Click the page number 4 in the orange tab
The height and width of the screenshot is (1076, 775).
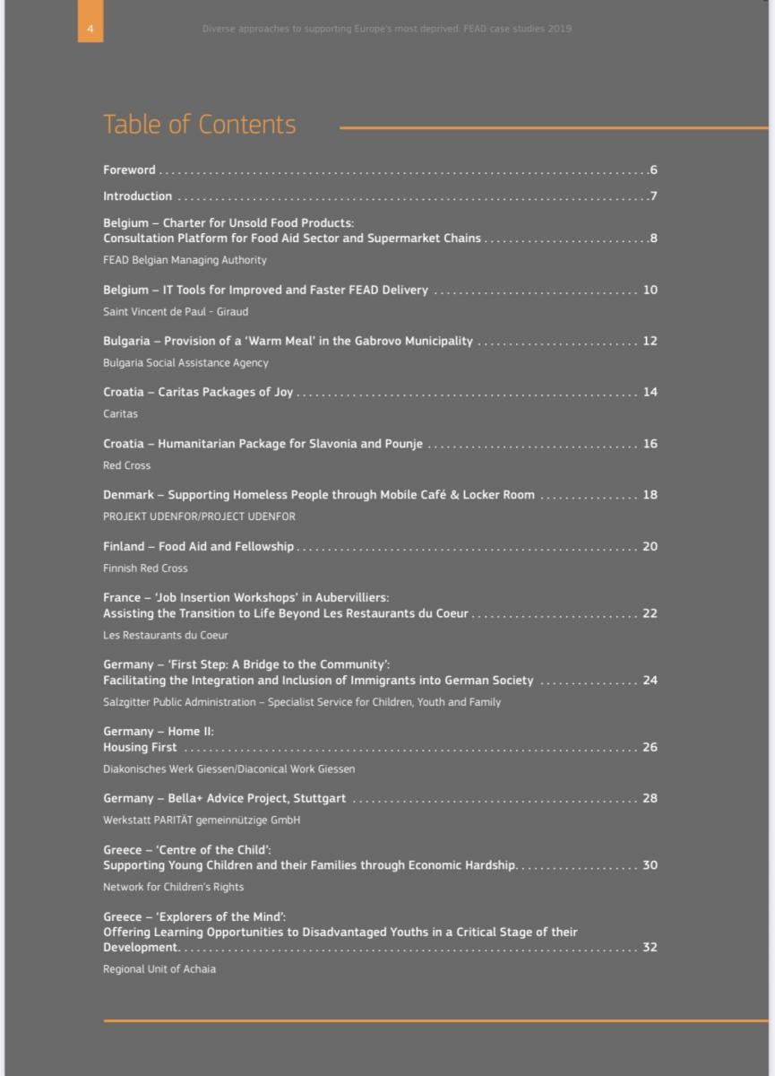[x=90, y=29]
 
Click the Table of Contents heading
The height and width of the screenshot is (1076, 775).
[x=199, y=125]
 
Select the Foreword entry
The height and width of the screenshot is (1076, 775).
[x=129, y=170]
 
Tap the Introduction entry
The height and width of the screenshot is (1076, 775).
[x=137, y=196]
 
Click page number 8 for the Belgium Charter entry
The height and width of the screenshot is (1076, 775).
[x=653, y=239]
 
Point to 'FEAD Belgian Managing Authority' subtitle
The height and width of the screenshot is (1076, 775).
[x=185, y=260]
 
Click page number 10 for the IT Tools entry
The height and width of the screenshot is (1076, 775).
[x=650, y=290]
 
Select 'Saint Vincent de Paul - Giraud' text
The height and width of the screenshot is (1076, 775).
[x=176, y=312]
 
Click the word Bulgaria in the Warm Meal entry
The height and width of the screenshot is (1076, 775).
[x=125, y=342]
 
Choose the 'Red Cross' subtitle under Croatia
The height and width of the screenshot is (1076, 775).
[x=126, y=466]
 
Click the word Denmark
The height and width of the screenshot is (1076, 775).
[x=128, y=495]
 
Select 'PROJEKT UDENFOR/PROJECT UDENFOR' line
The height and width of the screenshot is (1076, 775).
[x=199, y=517]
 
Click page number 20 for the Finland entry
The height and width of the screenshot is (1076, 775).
[x=650, y=546]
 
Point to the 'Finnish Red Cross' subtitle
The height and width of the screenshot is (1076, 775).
[x=145, y=568]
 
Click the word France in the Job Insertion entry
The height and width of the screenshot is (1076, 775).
[x=122, y=597]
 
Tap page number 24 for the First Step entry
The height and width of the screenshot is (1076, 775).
[x=650, y=681]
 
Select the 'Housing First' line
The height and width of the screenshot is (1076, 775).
[x=140, y=748]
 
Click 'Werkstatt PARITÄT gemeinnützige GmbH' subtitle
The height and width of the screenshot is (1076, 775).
[x=202, y=820]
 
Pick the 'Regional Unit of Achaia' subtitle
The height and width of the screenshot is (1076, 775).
[x=159, y=969]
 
